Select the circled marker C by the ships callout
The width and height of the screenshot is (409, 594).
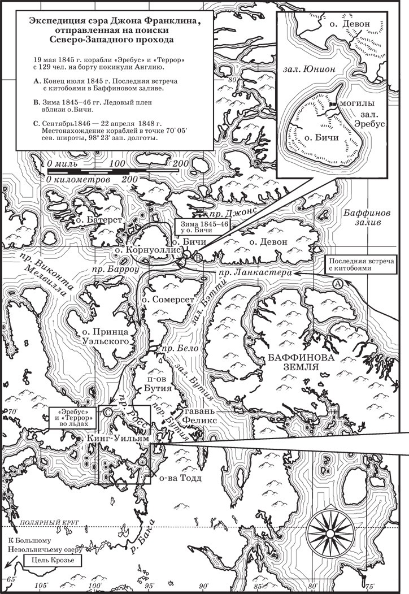[x=107, y=413]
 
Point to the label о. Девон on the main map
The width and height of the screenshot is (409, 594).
[x=268, y=242]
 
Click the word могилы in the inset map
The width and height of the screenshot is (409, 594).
[x=353, y=104]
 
